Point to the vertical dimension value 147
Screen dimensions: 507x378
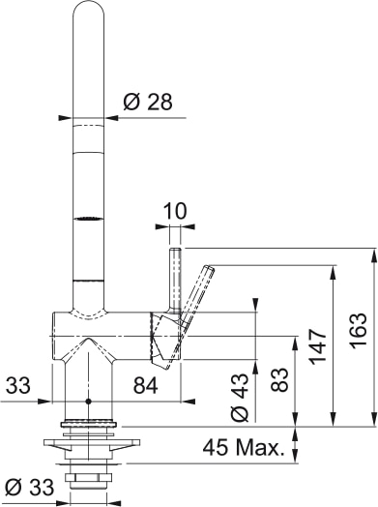(317, 344)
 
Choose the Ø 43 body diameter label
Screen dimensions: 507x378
(242, 398)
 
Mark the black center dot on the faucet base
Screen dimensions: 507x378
(88, 400)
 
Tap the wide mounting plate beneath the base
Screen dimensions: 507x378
(88, 448)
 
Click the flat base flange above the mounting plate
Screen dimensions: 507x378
(88, 424)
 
